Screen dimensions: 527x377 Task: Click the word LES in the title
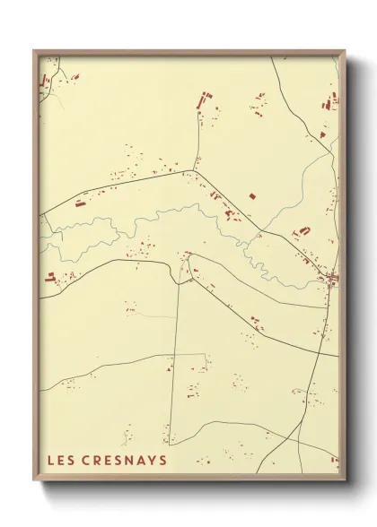coord(62,460)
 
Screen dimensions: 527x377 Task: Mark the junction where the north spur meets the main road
coord(194,169)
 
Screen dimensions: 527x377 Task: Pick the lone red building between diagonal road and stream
coord(252,194)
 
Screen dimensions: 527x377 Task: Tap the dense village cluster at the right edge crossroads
coord(331,279)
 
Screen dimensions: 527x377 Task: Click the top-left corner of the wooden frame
coord(34,50)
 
